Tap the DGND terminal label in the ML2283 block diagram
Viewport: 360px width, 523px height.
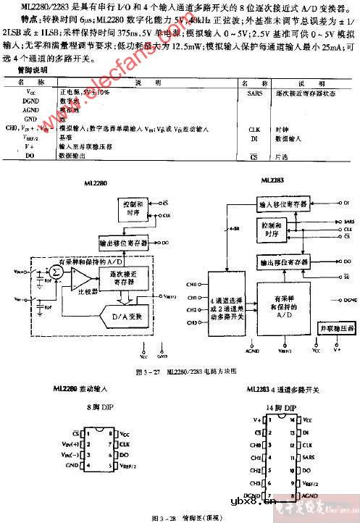[x=349, y=298]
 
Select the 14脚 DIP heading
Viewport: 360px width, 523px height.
[x=275, y=408]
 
